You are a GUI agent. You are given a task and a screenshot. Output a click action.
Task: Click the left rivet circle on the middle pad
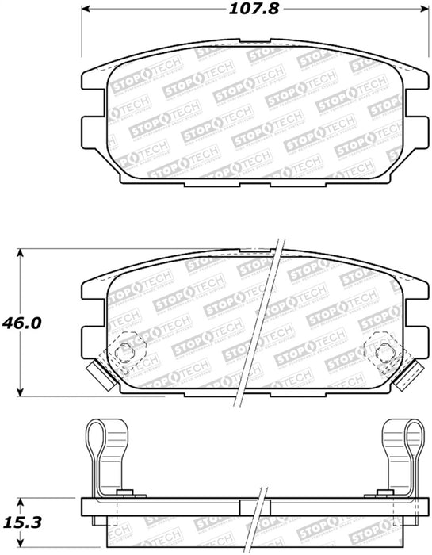124,352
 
